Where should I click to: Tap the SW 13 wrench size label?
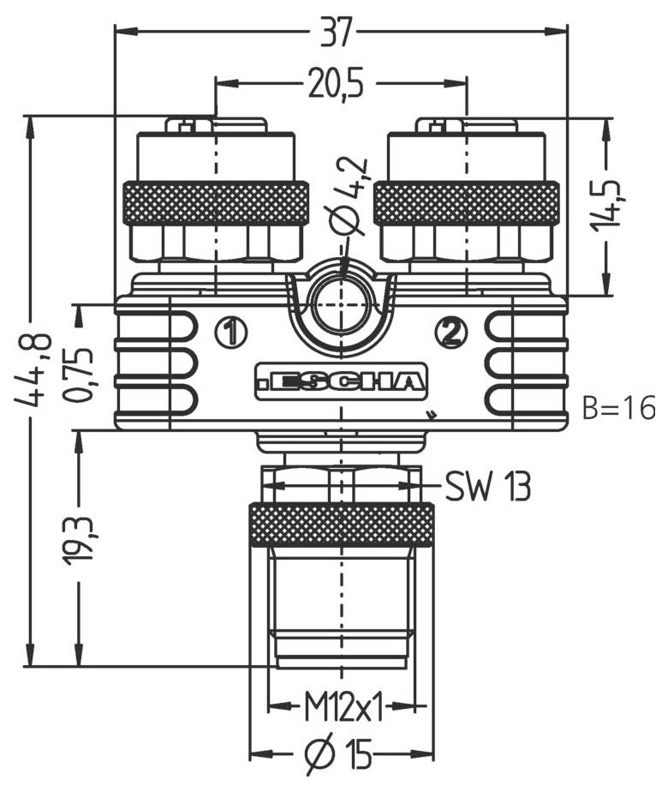[x=487, y=487]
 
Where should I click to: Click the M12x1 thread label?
[x=343, y=708]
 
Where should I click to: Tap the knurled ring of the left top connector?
[x=216, y=204]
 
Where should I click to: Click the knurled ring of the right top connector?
[x=467, y=204]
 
